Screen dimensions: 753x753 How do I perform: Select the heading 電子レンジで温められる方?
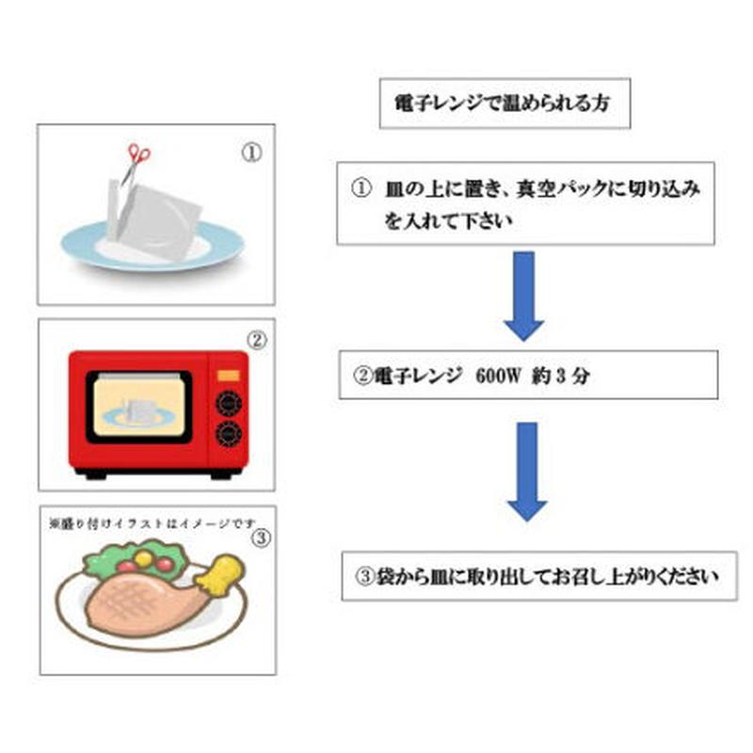[504, 103]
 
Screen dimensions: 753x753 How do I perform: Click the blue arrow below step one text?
[525, 295]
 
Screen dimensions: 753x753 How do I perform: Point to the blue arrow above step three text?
[527, 471]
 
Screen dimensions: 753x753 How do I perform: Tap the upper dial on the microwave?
[227, 403]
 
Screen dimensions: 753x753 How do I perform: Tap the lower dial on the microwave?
[227, 434]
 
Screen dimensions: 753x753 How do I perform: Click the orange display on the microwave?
[228, 375]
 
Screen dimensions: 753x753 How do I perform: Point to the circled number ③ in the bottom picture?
[262, 538]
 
